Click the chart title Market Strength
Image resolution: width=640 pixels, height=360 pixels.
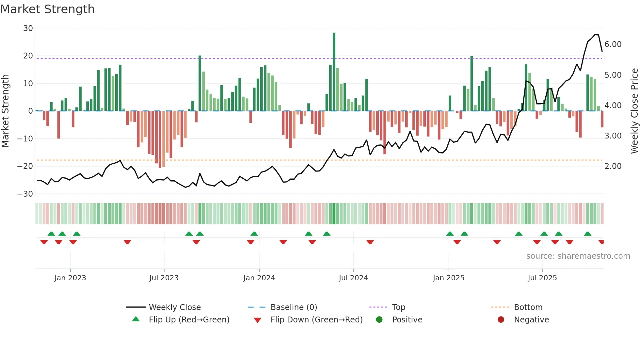pyautogui.click(x=47, y=9)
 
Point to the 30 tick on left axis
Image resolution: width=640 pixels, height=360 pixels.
pyautogui.click(x=28, y=28)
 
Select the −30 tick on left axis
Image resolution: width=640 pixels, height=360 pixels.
pyautogui.click(x=25, y=194)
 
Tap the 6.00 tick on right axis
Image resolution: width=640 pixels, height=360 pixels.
pyautogui.click(x=613, y=44)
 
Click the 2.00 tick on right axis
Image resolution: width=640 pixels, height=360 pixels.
pyautogui.click(x=613, y=166)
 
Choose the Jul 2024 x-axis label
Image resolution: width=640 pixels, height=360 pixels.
pyautogui.click(x=353, y=278)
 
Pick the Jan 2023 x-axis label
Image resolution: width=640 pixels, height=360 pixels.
pyautogui.click(x=70, y=278)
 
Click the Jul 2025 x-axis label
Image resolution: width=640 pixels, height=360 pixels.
pyautogui.click(x=542, y=278)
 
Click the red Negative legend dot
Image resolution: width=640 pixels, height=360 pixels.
pyautogui.click(x=501, y=320)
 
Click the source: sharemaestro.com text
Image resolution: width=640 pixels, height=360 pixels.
pyautogui.click(x=578, y=256)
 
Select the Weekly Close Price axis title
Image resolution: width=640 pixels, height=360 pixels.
pyautogui.click(x=634, y=111)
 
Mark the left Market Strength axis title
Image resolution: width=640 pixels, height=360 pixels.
pyautogui.click(x=5, y=111)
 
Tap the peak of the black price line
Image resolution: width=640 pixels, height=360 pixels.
pyautogui.click(x=596, y=35)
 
